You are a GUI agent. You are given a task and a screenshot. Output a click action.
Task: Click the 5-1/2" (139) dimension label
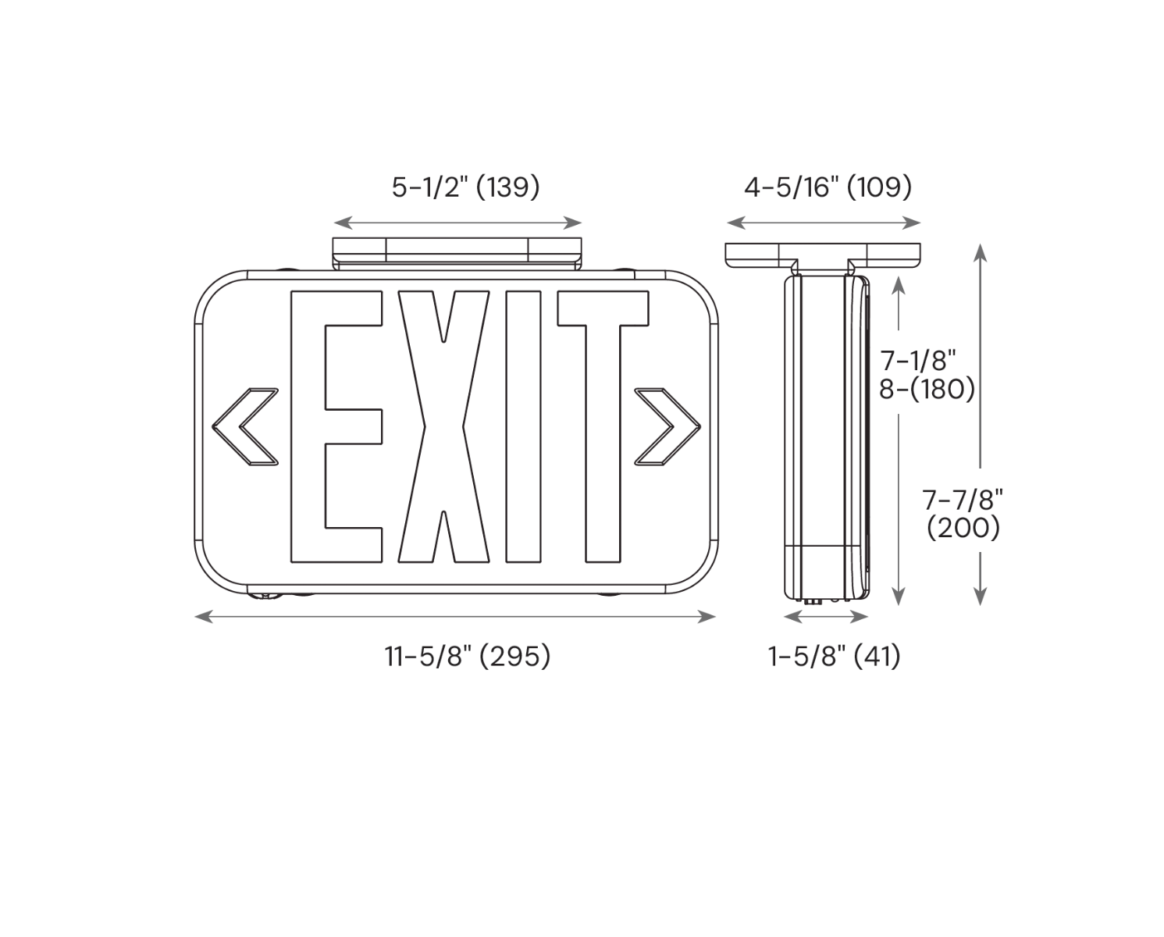(x=466, y=187)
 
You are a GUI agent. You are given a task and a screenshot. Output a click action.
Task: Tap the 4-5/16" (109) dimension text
(x=828, y=187)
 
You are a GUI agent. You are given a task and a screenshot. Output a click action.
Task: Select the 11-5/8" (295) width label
(x=468, y=657)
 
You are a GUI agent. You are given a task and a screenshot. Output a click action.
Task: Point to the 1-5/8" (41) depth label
(x=835, y=657)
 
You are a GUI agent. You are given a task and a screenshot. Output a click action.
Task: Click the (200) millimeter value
(x=963, y=528)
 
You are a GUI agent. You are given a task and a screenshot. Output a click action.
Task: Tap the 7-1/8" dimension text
(x=918, y=360)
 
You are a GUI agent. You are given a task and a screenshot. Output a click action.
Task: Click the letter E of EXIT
(x=336, y=427)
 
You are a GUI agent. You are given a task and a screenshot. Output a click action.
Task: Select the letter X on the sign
(x=443, y=427)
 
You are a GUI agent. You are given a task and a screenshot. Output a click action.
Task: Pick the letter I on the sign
(x=524, y=427)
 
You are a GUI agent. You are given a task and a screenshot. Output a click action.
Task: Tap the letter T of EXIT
(x=603, y=427)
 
